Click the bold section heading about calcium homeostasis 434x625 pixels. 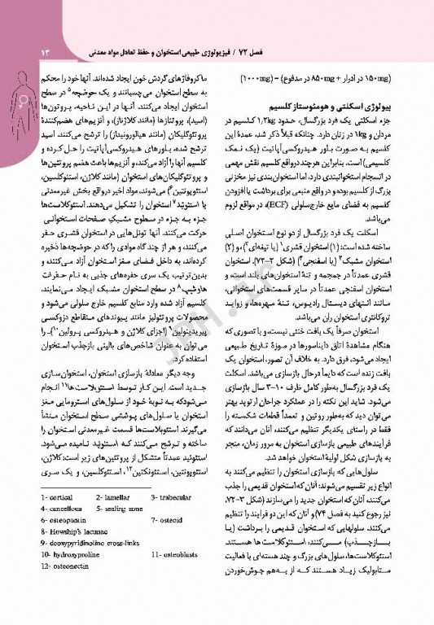point(347,107)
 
